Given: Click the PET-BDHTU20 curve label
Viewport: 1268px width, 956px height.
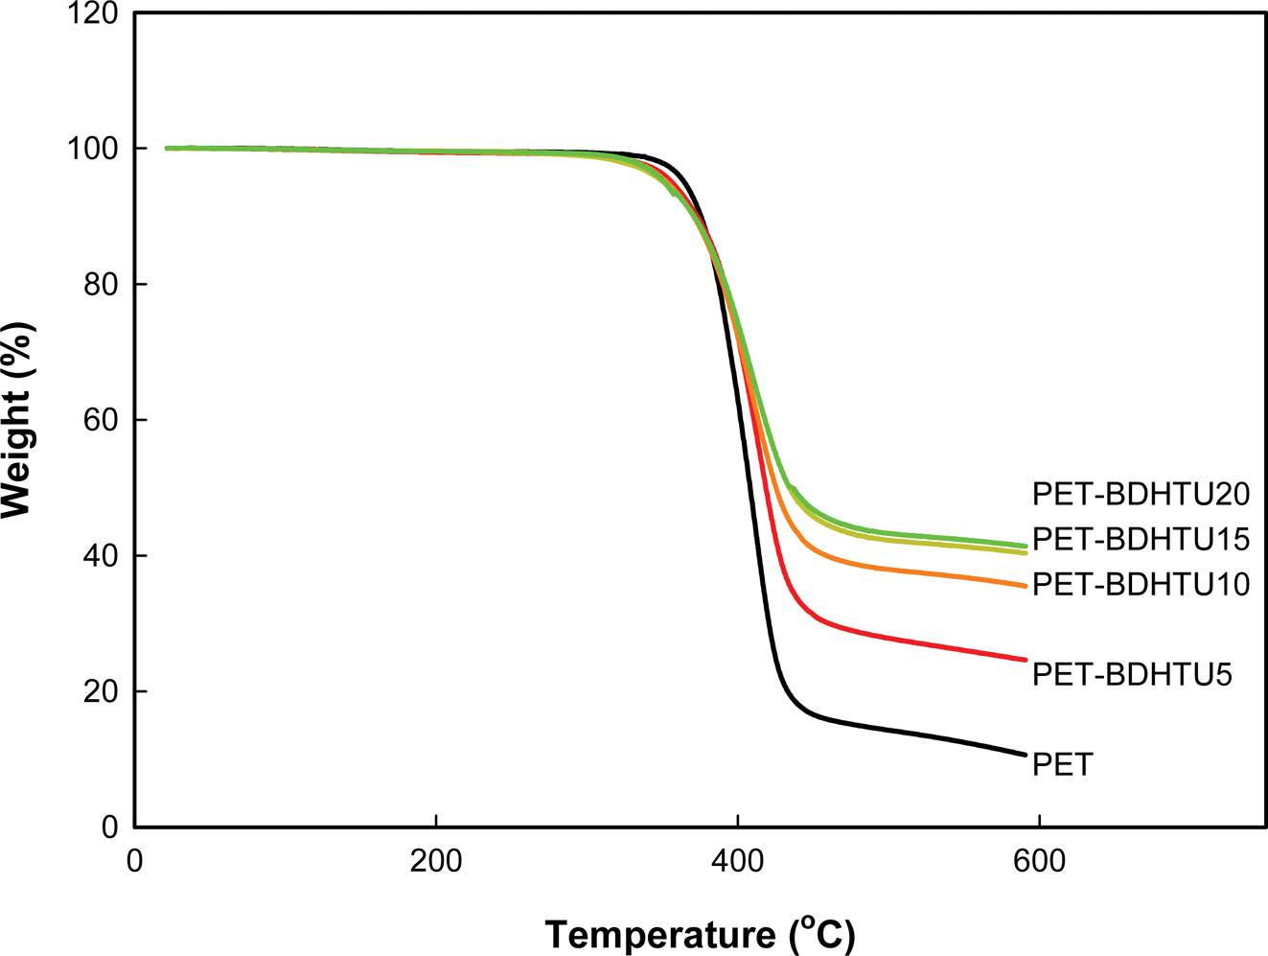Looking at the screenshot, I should click(1141, 494).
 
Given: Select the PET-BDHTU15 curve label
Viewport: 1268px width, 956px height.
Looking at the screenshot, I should click(1141, 539).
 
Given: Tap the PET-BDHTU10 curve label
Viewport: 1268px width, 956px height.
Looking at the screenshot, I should click(1141, 584).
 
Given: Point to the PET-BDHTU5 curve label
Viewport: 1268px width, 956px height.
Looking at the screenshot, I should click(1131, 675).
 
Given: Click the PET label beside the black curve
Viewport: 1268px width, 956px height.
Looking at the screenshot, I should click(1062, 765).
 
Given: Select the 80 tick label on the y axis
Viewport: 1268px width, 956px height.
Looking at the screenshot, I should click(99, 285).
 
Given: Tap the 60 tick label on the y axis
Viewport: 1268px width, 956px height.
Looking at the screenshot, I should click(99, 420).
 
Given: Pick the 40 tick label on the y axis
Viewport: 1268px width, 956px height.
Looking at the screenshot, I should click(99, 556).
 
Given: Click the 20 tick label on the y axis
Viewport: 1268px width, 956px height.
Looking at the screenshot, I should click(99, 691).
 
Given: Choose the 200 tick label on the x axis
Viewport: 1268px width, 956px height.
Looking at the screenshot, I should click(436, 861).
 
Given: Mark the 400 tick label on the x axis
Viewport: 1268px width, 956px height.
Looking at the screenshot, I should click(737, 861).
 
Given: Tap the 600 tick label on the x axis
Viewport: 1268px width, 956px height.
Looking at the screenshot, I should click(1039, 861).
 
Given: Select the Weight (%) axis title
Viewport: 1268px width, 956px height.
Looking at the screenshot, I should click(18, 420).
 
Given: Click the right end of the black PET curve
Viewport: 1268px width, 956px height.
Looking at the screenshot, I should click(1026, 755).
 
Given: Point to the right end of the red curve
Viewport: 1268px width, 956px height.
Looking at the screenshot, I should click(1026, 660).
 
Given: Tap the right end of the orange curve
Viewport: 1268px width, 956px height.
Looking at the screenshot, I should click(1026, 586).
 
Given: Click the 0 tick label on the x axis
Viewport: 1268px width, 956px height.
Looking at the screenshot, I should click(134, 861).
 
